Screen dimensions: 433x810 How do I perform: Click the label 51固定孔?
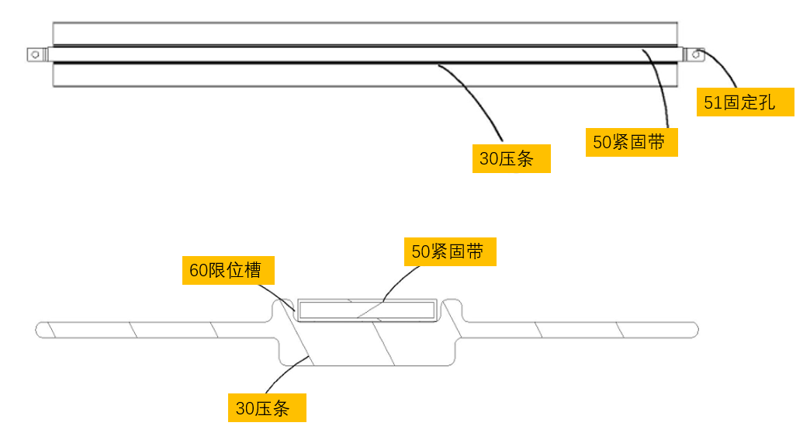pos(745,102)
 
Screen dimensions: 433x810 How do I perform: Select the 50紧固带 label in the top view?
pos(631,142)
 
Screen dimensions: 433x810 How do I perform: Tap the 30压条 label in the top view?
pos(511,159)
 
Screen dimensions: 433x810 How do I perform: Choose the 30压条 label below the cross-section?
pos(266,408)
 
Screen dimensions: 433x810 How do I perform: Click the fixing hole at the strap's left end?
pos(34,54)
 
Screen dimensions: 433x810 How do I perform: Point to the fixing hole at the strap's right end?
pos(697,54)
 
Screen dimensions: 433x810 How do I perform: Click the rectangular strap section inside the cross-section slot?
pos(366,310)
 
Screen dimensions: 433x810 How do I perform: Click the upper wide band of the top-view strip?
pos(365,33)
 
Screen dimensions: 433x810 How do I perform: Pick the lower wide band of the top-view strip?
pos(365,75)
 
